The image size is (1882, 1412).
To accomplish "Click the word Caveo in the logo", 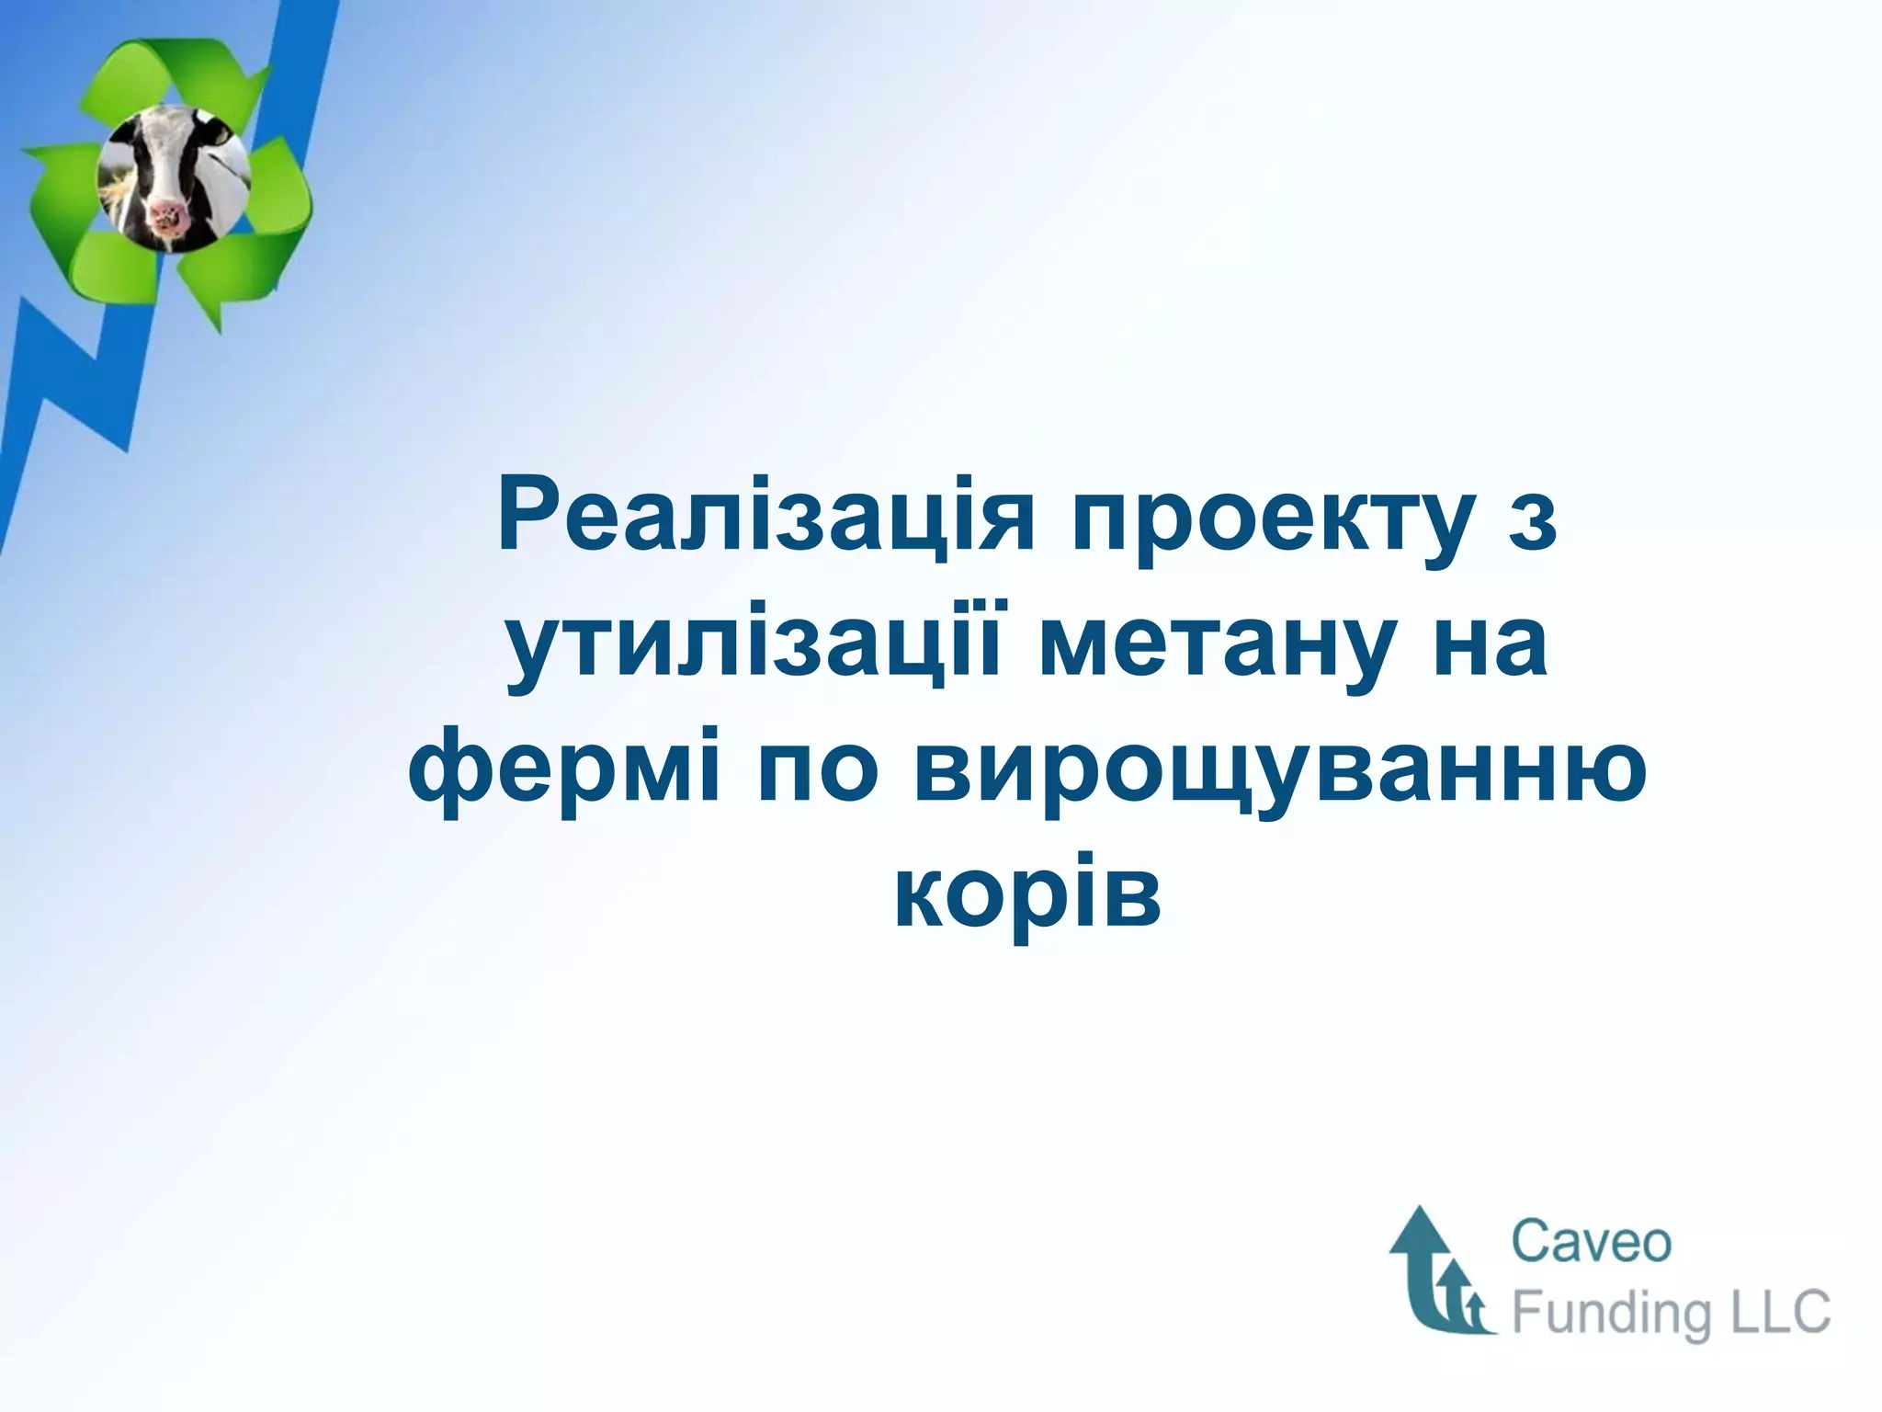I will pos(1591,1243).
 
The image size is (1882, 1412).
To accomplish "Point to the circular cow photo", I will pos(173,178).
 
